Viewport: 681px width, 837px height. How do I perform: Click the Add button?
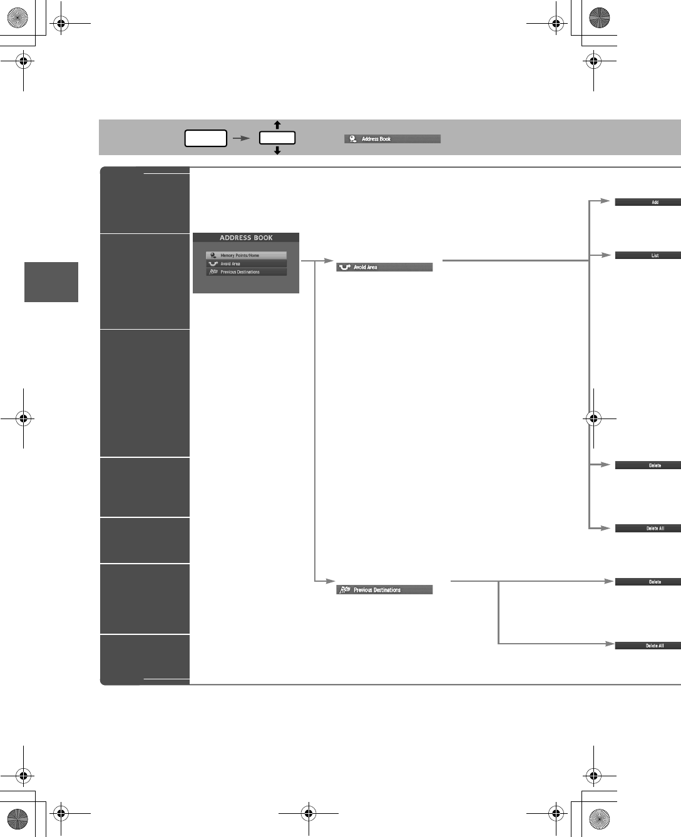pyautogui.click(x=648, y=202)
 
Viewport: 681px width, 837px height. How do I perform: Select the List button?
pyautogui.click(x=648, y=255)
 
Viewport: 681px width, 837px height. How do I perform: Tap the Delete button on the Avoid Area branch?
pyautogui.click(x=648, y=465)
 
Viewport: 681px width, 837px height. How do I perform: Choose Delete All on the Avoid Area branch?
pyautogui.click(x=648, y=529)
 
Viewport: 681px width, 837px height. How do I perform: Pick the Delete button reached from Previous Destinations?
pyautogui.click(x=648, y=582)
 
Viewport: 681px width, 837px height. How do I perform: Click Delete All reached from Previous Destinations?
pyautogui.click(x=648, y=646)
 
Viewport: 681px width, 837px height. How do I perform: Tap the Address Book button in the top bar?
pyautogui.click(x=392, y=139)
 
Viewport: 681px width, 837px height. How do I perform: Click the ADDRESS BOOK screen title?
pyautogui.click(x=246, y=238)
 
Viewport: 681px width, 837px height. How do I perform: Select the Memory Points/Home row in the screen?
pyautogui.click(x=246, y=255)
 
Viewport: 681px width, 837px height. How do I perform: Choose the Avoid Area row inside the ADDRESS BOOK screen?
pyautogui.click(x=246, y=263)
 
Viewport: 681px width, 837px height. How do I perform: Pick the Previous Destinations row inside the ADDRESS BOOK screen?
pyautogui.click(x=246, y=272)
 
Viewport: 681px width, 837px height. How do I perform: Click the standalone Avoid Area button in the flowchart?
pyautogui.click(x=384, y=267)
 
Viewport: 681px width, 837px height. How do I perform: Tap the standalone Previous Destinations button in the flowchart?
pyautogui.click(x=384, y=590)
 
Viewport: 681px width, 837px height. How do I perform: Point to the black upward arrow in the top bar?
pyautogui.click(x=277, y=125)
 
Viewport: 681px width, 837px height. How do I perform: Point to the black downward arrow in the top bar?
pyautogui.click(x=277, y=151)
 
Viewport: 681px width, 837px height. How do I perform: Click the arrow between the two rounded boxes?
pyautogui.click(x=241, y=138)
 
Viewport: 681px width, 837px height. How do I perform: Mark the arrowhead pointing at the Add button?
pyautogui.click(x=605, y=201)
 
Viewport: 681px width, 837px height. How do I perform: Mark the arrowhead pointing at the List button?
pyautogui.click(x=605, y=255)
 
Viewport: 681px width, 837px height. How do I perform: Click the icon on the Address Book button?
pyautogui.click(x=353, y=139)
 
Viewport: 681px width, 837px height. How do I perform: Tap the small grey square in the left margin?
pyautogui.click(x=51, y=282)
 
